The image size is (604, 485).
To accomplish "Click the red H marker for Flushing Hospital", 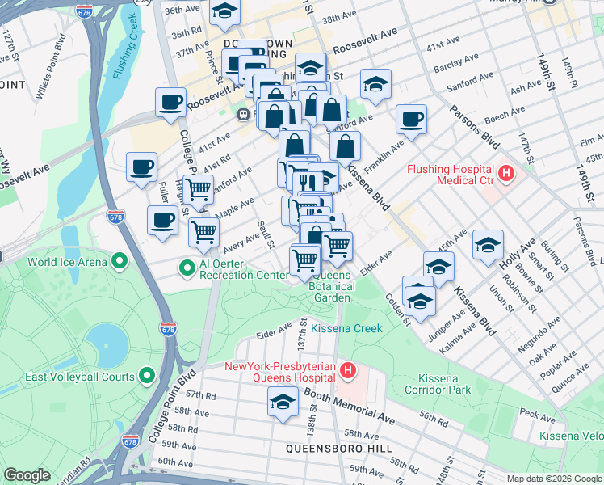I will (x=506, y=172).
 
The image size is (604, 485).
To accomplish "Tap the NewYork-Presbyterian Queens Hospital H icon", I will (x=348, y=371).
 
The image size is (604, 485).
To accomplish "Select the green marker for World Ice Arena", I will (x=120, y=261).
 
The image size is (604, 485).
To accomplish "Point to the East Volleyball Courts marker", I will (x=147, y=375).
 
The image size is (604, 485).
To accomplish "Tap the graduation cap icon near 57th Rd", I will (x=282, y=402).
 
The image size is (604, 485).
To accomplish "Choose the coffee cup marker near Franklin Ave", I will (x=411, y=119).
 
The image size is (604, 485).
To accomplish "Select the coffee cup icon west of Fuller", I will (x=142, y=167).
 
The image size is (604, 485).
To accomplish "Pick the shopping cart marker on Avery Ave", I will (x=203, y=231).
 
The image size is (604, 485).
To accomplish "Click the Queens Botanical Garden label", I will (x=331, y=286).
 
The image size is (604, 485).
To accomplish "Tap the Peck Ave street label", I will (x=539, y=414).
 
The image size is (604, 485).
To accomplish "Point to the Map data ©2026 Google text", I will (x=554, y=479).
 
